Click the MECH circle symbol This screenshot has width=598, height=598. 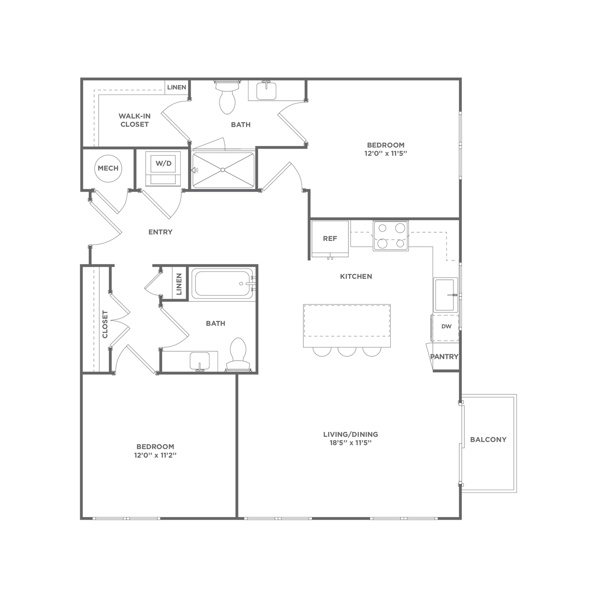coord(108,168)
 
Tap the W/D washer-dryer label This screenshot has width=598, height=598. coord(163,163)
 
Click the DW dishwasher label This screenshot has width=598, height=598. coord(446,326)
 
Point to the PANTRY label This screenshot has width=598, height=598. coord(444,357)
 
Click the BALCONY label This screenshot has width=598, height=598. coord(488,440)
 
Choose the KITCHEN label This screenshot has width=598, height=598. coord(356,277)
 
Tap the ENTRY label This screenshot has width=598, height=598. coord(160,232)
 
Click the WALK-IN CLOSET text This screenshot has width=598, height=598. coord(135,120)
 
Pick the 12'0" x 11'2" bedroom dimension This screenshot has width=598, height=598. coord(155,455)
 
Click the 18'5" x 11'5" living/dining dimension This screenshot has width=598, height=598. coord(350,443)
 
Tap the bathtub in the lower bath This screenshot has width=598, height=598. coord(222,284)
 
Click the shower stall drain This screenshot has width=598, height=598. coord(222,170)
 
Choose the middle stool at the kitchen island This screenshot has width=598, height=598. coord(347,351)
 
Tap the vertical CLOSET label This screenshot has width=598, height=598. coord(105,325)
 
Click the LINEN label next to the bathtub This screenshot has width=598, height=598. coord(179,284)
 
